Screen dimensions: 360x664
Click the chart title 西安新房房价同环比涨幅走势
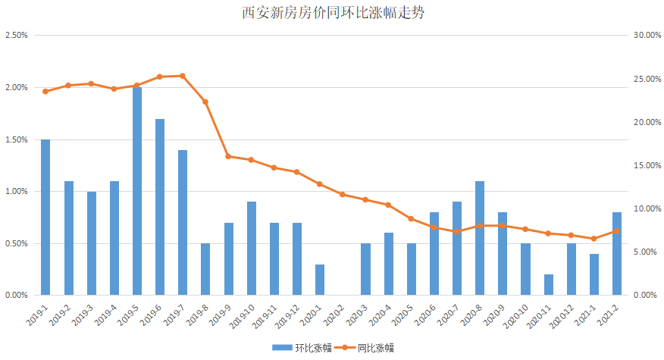[331, 14]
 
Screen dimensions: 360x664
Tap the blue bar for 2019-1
[45, 217]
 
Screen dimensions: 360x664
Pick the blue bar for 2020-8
[480, 238]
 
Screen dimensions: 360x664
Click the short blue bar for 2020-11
[548, 284]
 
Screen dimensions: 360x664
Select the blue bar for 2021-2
[617, 253]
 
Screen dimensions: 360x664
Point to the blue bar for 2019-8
[205, 269]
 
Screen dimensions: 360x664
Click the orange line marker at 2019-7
[183, 76]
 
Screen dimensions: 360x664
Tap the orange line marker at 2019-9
[228, 156]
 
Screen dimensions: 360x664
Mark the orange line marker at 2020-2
[343, 194]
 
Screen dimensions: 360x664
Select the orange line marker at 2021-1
[594, 239]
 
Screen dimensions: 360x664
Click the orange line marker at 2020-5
[411, 218]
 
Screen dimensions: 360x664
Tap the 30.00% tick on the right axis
[648, 36]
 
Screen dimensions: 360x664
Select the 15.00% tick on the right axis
[648, 165]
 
